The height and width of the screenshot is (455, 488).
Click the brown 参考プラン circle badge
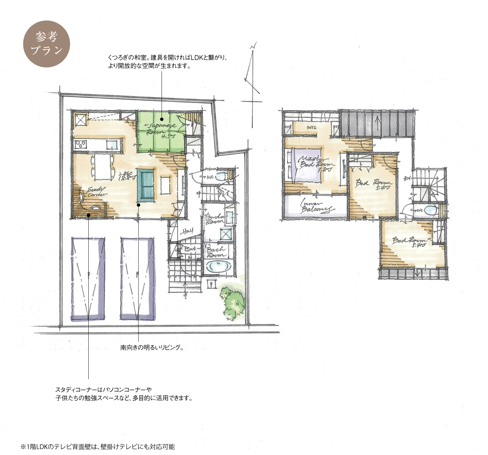[46, 44]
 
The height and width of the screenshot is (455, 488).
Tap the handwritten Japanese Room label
[161, 129]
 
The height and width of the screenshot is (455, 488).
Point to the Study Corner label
[97, 192]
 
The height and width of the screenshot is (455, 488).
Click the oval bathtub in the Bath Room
[218, 266]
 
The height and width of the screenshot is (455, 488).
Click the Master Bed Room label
[315, 164]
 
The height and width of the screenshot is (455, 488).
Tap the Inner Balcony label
[316, 207]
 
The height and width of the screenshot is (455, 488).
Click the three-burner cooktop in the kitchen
[81, 144]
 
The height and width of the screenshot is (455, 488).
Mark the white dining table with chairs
[103, 167]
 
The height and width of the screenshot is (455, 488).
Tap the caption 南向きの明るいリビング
[152, 348]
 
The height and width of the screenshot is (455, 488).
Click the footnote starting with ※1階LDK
[98, 447]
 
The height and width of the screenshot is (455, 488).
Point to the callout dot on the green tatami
[162, 119]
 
